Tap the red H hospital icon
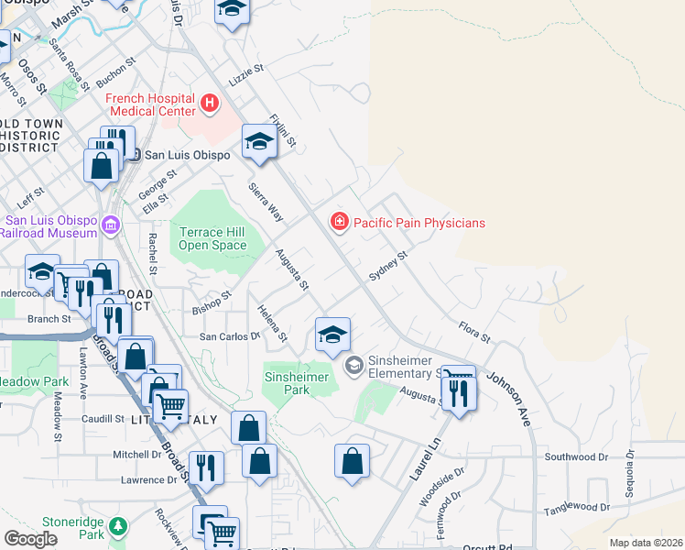coord(210,103)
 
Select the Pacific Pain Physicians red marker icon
coord(339,222)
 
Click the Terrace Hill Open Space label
coord(212,238)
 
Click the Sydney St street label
coord(386,266)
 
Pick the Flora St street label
coord(474,331)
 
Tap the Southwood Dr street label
coord(576,456)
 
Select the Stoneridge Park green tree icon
coord(116,526)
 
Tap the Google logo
coord(30,539)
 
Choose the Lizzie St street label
coord(245,69)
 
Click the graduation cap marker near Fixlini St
coord(259,142)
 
